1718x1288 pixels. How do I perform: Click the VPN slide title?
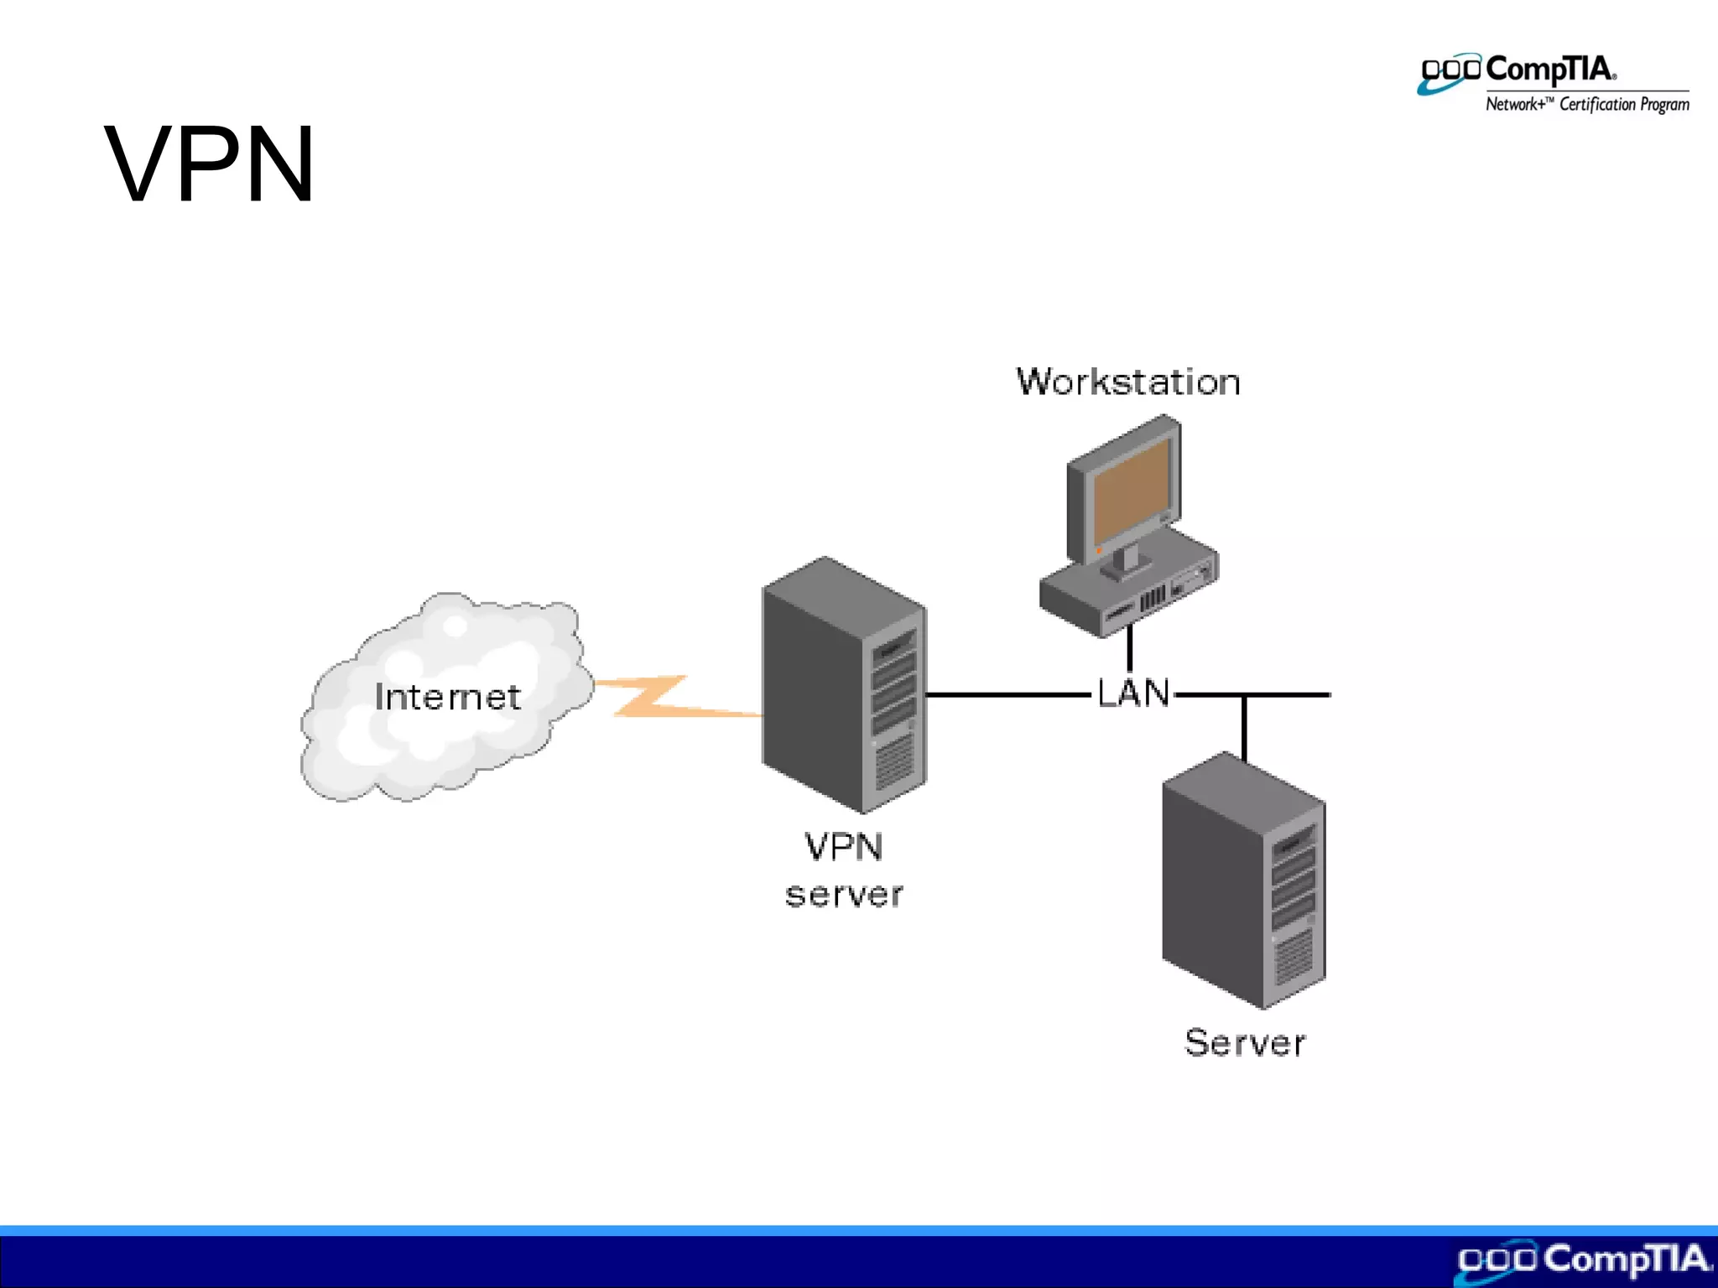pyautogui.click(x=210, y=164)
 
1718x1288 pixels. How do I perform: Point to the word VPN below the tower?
pyautogui.click(x=843, y=847)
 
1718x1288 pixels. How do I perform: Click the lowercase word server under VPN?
pyautogui.click(x=843, y=895)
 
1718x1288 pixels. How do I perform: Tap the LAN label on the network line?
pyautogui.click(x=1133, y=693)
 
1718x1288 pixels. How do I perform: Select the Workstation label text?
pyautogui.click(x=1127, y=382)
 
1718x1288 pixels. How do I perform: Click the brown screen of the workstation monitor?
pyautogui.click(x=1131, y=493)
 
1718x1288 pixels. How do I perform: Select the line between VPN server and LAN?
pyautogui.click(x=1007, y=694)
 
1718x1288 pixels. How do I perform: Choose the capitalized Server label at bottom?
pyautogui.click(x=1245, y=1043)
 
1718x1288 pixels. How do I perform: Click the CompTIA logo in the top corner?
pyautogui.click(x=1518, y=71)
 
